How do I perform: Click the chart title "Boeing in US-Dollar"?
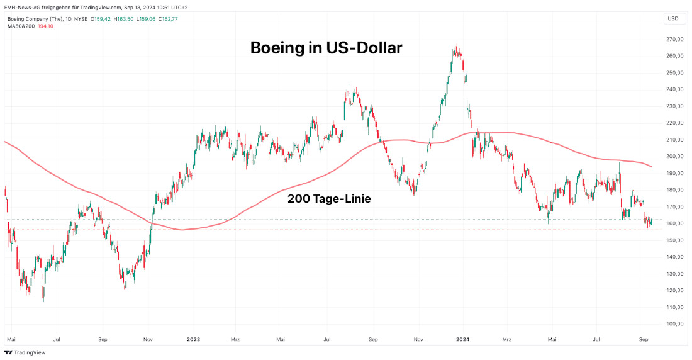(x=326, y=47)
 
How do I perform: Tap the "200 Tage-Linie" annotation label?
(x=329, y=199)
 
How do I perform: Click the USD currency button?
(x=672, y=18)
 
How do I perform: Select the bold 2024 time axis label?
(x=463, y=339)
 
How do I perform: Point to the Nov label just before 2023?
(x=148, y=339)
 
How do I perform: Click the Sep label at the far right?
(x=644, y=339)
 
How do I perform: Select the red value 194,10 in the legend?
(x=45, y=26)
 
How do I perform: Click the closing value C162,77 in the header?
(x=167, y=19)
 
